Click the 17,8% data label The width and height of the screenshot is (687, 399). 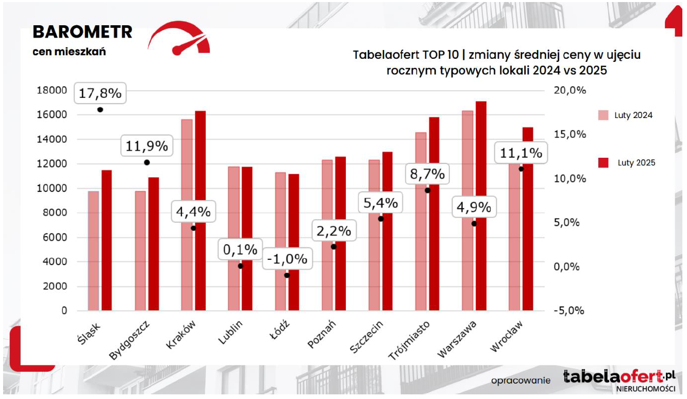pyautogui.click(x=100, y=93)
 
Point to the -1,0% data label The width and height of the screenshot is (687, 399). pyautogui.click(x=287, y=259)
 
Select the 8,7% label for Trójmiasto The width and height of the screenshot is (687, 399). pyautogui.click(x=427, y=174)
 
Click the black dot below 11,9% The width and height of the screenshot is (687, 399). pyautogui.click(x=147, y=162)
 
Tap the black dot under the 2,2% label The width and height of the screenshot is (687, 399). pyautogui.click(x=333, y=246)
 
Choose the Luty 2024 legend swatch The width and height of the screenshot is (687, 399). pyautogui.click(x=604, y=115)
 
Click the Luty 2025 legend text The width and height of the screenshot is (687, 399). pyautogui.click(x=636, y=163)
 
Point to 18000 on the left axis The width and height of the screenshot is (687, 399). pyautogui.click(x=52, y=90)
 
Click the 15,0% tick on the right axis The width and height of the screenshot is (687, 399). pyautogui.click(x=570, y=135)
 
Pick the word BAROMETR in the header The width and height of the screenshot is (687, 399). pyautogui.click(x=82, y=32)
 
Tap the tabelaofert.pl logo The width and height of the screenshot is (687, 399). pyautogui.click(x=618, y=377)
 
